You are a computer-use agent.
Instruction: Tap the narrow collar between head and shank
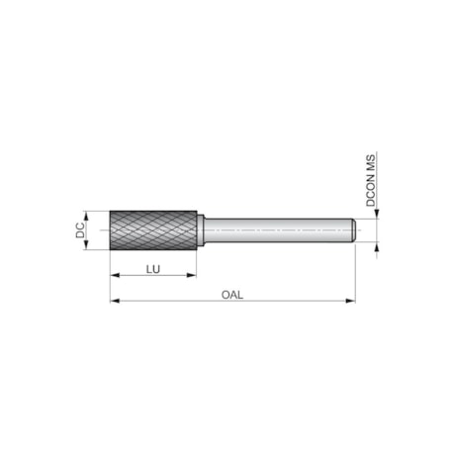[200, 230]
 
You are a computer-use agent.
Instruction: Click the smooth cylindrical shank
[277, 230]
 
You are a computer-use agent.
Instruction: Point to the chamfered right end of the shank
[352, 230]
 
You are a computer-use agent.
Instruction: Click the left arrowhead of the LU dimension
[113, 276]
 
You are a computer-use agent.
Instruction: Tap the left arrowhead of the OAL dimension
[113, 300]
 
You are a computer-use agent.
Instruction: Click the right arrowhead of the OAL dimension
[351, 300]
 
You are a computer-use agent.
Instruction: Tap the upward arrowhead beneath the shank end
[375, 245]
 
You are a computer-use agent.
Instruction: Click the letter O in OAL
[225, 294]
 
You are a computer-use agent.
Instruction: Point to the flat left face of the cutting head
[110, 230]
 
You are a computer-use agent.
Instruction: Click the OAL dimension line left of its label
[168, 300]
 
